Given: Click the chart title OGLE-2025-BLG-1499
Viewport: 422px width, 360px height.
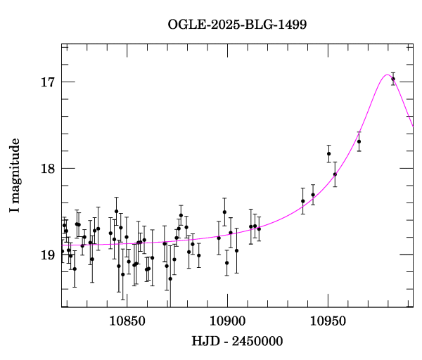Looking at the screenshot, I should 237,24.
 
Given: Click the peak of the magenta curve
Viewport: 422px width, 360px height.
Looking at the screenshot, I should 387,75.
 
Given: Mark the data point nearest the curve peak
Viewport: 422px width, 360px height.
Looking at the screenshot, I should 393,79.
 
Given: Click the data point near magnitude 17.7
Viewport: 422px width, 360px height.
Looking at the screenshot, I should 359,141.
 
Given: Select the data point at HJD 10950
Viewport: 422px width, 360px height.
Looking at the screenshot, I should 328,153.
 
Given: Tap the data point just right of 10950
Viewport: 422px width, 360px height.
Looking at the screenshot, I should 335,174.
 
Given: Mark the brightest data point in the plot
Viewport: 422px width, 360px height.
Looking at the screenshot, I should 393,79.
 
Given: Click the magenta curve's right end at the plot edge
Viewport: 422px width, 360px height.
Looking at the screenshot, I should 413,126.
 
